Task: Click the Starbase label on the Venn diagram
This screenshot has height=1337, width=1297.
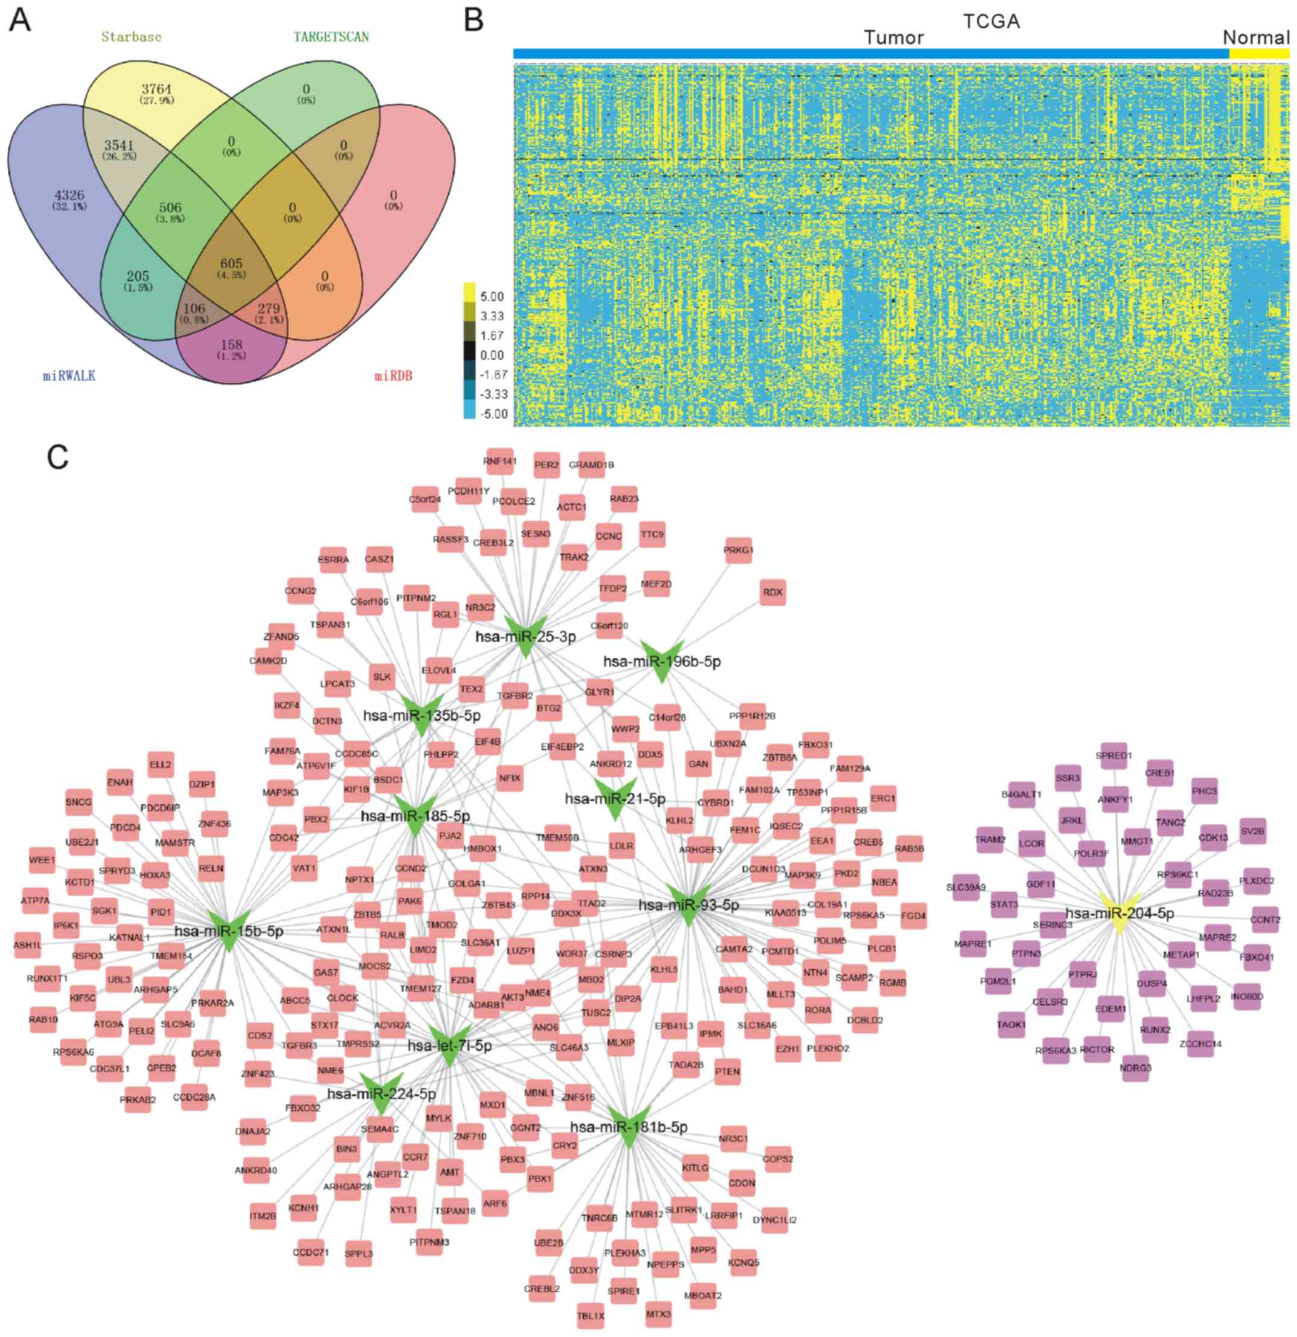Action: click(x=131, y=37)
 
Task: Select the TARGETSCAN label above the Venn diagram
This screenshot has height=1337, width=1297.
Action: click(x=331, y=37)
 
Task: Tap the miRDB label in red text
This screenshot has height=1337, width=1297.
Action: click(x=393, y=376)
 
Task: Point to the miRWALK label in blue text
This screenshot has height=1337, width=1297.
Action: click(x=69, y=376)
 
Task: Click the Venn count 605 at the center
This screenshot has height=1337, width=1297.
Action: click(x=231, y=263)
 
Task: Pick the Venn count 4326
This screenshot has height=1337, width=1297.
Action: click(x=69, y=195)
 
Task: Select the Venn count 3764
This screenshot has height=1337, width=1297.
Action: click(x=157, y=89)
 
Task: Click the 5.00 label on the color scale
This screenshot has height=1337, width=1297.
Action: click(x=492, y=297)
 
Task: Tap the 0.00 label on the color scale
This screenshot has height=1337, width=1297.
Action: click(x=492, y=355)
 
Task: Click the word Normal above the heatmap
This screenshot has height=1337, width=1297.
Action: click(x=1256, y=37)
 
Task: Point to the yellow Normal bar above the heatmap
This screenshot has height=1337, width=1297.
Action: click(x=1259, y=53)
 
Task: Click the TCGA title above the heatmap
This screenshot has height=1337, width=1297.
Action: click(x=991, y=21)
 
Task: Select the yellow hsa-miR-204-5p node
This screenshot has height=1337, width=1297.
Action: click(x=1119, y=914)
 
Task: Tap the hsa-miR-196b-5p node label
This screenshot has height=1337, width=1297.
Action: click(x=661, y=661)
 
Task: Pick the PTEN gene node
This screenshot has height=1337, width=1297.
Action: click(x=728, y=1072)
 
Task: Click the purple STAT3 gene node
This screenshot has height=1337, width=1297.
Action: click(x=1004, y=905)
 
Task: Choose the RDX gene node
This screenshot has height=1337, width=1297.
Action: click(x=773, y=592)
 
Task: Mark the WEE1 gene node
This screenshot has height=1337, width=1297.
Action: click(x=42, y=860)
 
